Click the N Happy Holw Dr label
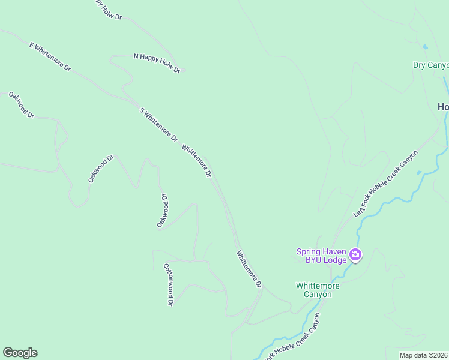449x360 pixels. click(157, 63)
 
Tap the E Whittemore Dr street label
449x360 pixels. click(50, 57)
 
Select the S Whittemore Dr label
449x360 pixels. click(158, 124)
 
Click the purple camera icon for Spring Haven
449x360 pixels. click(355, 256)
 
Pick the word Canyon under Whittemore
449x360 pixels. click(318, 295)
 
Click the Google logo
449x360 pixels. click(20, 353)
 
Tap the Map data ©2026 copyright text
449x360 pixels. click(423, 355)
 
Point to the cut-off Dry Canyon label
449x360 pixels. click(430, 65)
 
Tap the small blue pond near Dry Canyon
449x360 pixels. click(425, 46)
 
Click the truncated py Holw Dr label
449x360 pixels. click(108, 10)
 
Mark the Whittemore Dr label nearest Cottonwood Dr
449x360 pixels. click(249, 269)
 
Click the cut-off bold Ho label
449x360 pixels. click(443, 107)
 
